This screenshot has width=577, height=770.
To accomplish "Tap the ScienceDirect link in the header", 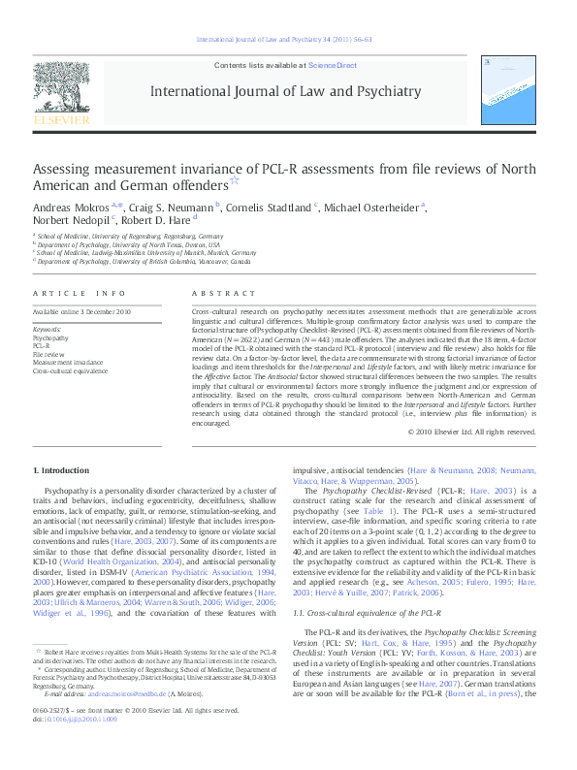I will [332, 65].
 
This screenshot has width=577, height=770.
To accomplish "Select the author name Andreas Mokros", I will [72, 207].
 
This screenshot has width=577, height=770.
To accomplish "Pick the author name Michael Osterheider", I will [370, 207].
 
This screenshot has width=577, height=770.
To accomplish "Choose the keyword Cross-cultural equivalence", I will [71, 371].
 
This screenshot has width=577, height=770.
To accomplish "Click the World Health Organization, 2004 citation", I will [121, 561].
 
